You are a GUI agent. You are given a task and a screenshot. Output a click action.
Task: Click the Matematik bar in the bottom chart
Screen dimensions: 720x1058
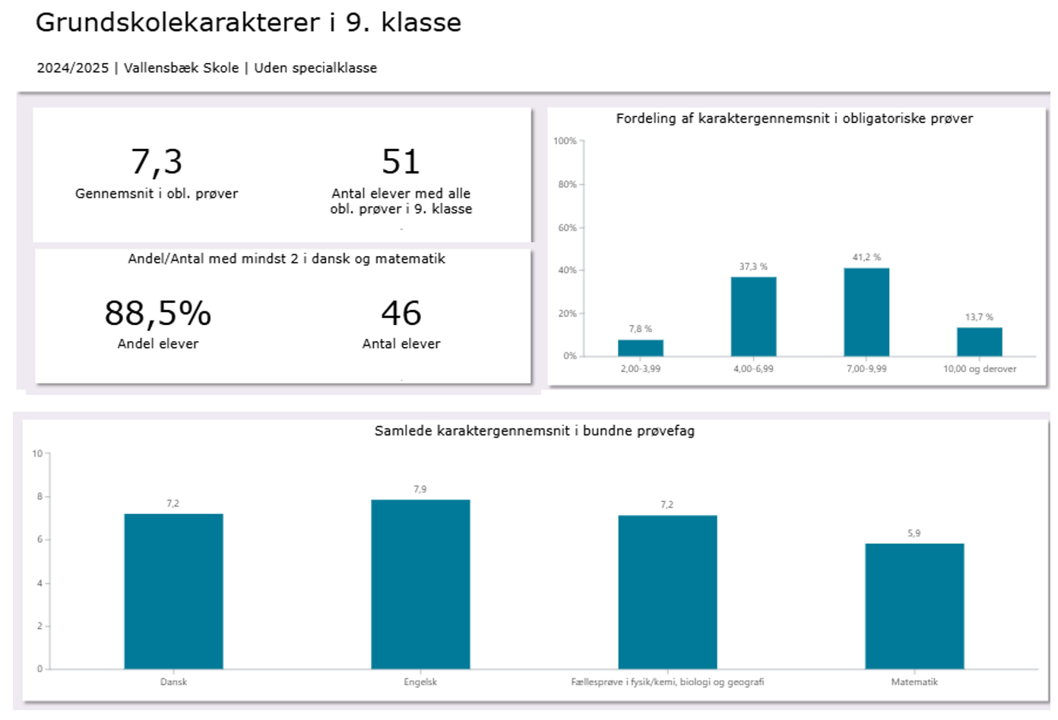(914, 606)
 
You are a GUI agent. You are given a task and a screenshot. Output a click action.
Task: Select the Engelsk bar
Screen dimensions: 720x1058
(420, 584)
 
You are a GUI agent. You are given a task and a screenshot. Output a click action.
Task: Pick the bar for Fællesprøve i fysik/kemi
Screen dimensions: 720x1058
(667, 592)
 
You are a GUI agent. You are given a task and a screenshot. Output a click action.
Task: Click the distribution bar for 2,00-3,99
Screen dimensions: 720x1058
(640, 348)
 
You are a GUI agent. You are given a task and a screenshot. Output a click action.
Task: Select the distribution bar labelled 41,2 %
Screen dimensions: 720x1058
(866, 312)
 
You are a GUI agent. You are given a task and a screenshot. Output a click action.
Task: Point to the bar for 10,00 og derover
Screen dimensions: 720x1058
(979, 342)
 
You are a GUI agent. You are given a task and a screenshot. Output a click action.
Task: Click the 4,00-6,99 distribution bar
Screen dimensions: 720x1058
(753, 317)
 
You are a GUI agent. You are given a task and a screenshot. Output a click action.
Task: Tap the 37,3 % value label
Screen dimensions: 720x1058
(753, 267)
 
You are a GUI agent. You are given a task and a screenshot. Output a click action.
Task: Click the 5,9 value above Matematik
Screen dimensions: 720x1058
(914, 533)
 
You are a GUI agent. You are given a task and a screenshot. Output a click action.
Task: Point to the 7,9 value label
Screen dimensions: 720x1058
(420, 489)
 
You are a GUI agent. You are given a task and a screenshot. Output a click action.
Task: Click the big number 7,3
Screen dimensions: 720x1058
(157, 162)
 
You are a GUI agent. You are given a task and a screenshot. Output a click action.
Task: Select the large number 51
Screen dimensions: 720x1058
(401, 162)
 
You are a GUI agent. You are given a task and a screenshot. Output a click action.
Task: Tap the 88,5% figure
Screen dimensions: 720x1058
(158, 313)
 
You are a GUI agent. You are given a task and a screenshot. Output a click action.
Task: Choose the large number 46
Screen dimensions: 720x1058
(401, 313)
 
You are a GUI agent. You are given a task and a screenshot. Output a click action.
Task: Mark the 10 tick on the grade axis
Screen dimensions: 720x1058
(37, 453)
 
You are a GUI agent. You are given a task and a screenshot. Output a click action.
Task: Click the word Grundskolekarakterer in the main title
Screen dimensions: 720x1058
(179, 23)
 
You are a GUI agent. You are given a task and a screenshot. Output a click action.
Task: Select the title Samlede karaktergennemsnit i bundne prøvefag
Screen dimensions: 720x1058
(534, 431)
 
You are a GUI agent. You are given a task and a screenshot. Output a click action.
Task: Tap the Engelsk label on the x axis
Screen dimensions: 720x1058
(420, 682)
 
